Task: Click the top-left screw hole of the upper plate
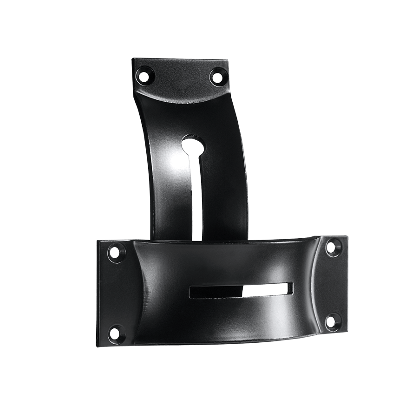(x=148, y=73)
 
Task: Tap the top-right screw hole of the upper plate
(x=216, y=75)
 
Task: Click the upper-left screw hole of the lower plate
(x=114, y=253)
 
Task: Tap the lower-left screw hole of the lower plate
(x=114, y=333)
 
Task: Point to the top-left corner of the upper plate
(x=132, y=59)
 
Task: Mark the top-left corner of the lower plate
(x=98, y=241)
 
